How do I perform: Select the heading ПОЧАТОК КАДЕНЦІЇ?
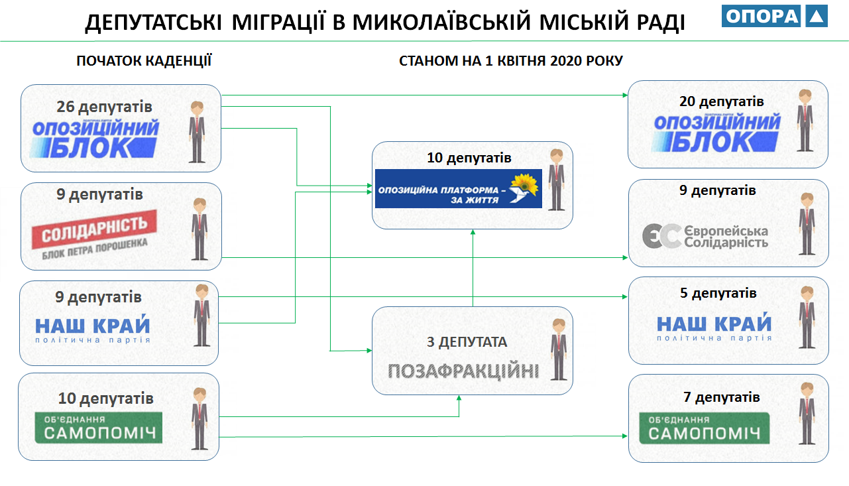[144, 61]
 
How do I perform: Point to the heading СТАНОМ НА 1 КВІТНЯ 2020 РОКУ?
[511, 61]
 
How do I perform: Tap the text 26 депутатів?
[105, 106]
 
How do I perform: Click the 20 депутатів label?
[721, 101]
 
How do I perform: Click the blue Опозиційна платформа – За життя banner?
[458, 188]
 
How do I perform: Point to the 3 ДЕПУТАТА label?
[467, 342]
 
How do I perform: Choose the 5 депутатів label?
[718, 293]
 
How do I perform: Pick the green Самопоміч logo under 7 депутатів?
[705, 428]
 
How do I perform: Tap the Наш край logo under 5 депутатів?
[714, 328]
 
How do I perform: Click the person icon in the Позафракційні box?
[559, 349]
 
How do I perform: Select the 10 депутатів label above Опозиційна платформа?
[469, 158]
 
